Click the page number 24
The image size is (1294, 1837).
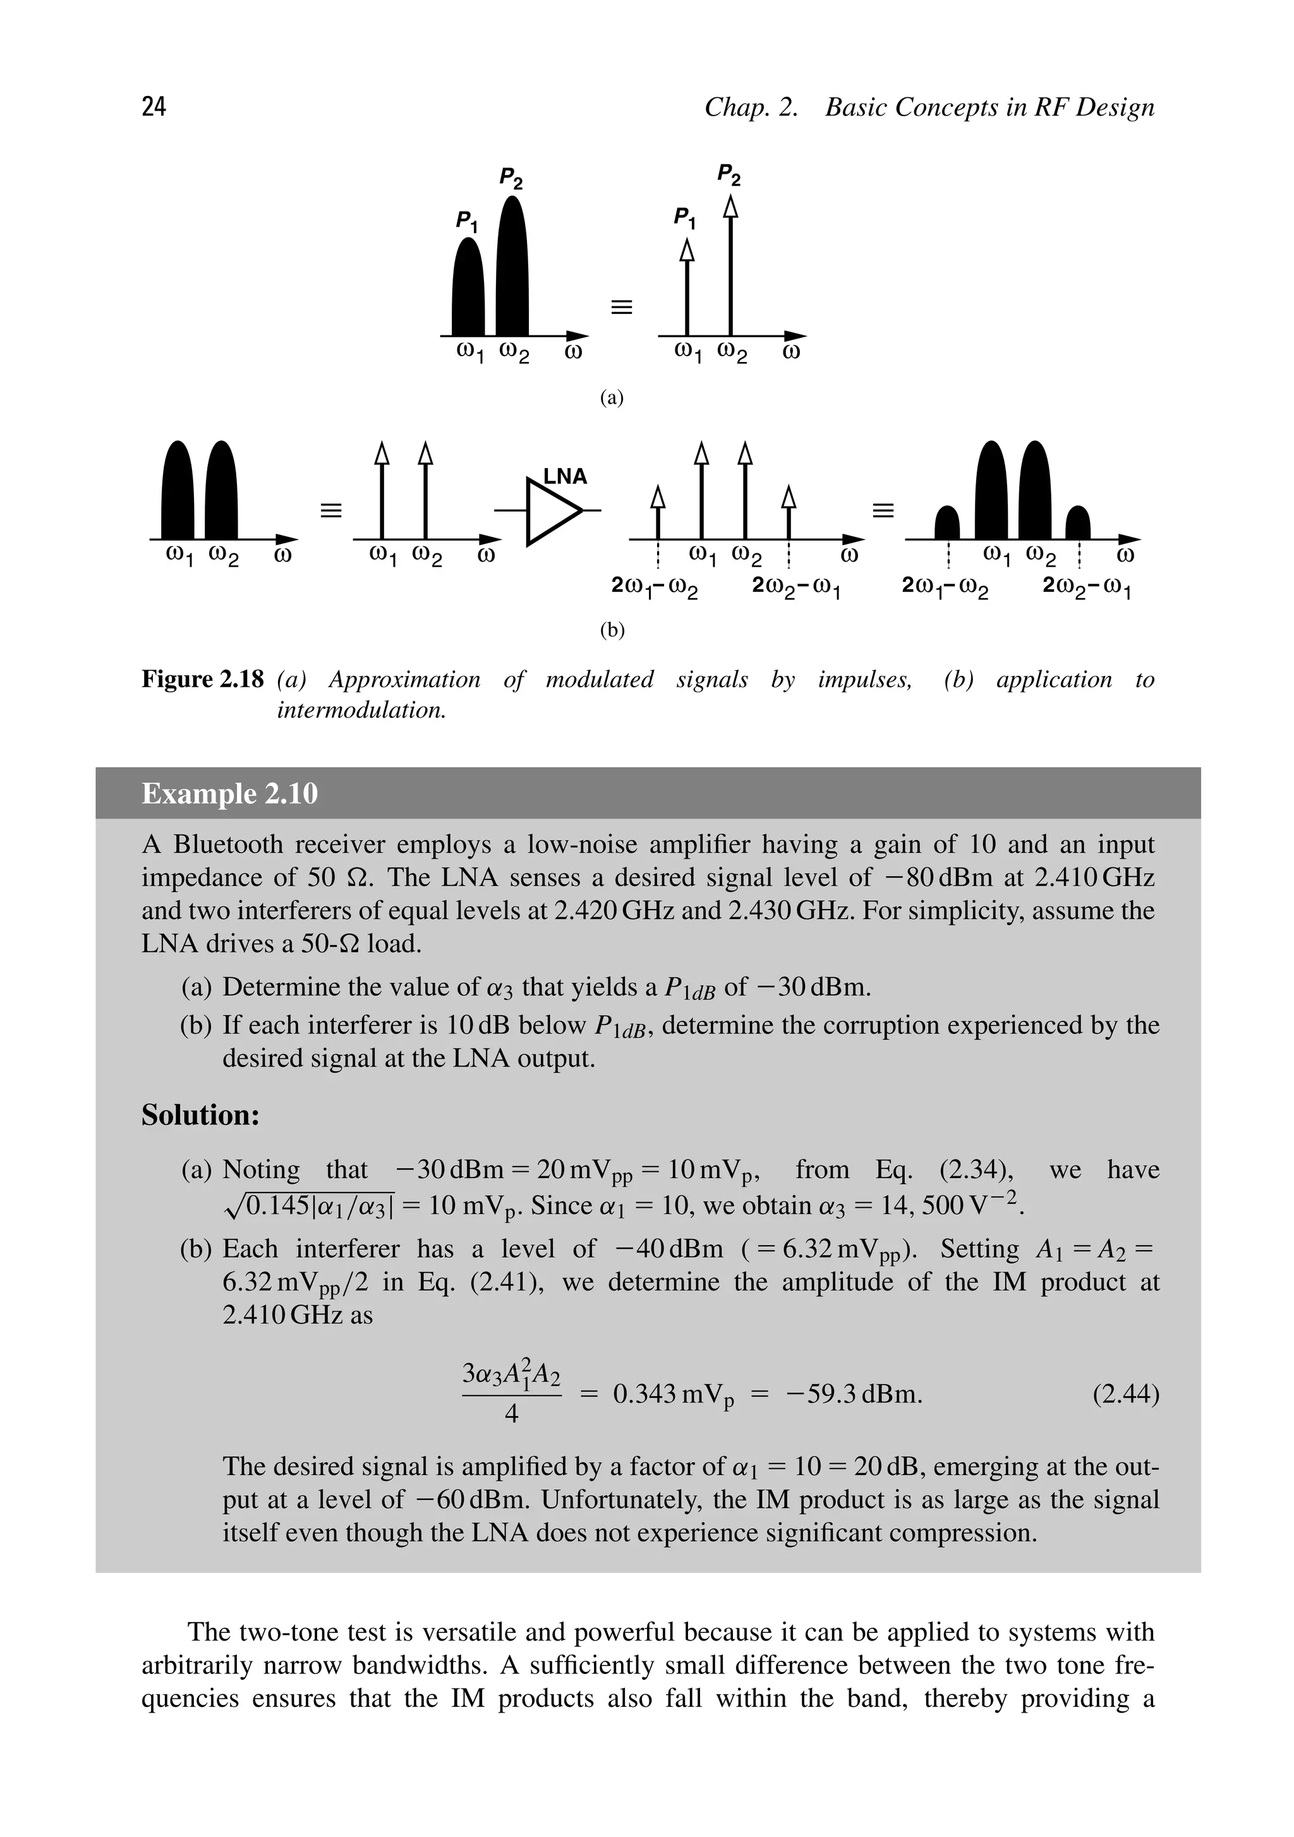(154, 106)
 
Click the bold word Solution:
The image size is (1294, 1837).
(200, 1114)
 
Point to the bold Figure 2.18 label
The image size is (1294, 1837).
(202, 679)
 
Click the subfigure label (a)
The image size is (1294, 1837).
(612, 397)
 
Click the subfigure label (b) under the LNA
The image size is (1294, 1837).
(612, 630)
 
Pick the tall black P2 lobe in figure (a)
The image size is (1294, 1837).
(512, 272)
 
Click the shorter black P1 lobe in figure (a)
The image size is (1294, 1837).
(469, 292)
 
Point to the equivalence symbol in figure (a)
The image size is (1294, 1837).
(621, 306)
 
